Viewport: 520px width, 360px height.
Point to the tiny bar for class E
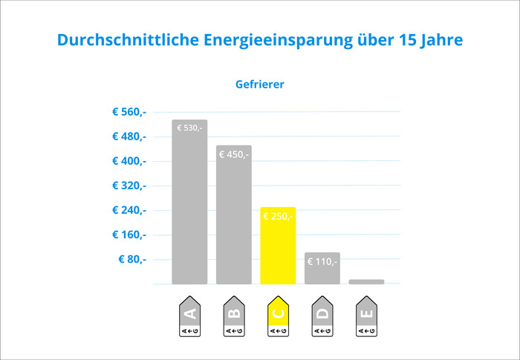pos(366,281)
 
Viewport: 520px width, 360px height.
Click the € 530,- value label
pos(189,128)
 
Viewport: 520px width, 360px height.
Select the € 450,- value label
pos(234,154)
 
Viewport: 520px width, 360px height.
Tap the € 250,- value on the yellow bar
pos(278,216)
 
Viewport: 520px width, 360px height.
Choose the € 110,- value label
pos(322,261)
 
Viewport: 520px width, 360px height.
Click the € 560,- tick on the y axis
pos(129,112)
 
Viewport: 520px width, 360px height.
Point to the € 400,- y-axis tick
pos(129,161)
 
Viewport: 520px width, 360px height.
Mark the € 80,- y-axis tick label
pos(132,259)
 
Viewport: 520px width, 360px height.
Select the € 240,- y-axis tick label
pos(129,210)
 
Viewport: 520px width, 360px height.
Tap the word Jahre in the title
pos(442,39)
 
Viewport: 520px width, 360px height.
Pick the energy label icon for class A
pos(190,317)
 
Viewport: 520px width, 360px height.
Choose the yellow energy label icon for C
pos(278,317)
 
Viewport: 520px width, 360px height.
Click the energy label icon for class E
pos(366,317)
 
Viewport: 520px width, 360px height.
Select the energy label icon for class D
pos(322,317)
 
